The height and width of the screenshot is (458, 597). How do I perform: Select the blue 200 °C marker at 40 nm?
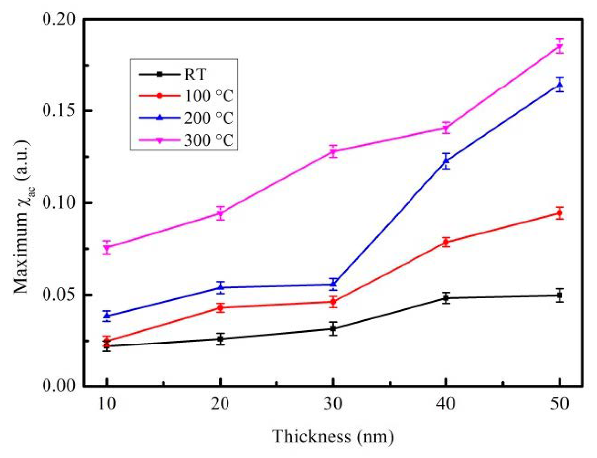[x=446, y=161]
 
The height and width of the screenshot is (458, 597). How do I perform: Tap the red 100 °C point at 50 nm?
[x=560, y=213]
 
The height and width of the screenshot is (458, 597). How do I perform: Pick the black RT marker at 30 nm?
[x=333, y=329]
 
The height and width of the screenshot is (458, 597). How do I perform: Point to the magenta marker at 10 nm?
[x=107, y=248]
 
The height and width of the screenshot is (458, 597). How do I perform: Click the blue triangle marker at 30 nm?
[x=333, y=284]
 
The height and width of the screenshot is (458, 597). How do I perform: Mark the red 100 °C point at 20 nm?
[x=220, y=307]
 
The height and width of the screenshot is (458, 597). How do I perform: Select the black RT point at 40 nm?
[x=446, y=298]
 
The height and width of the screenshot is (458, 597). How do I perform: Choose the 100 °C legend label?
[x=209, y=96]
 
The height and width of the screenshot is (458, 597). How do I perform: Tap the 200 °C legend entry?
[x=209, y=118]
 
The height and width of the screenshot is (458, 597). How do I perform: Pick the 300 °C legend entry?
[x=209, y=140]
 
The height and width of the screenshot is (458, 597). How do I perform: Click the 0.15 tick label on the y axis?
[x=58, y=111]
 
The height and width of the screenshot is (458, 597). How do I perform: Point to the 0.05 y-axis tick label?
[x=58, y=295]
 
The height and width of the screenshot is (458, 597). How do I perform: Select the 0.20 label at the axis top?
[x=58, y=19]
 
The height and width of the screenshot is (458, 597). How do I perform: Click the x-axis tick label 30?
[x=333, y=404]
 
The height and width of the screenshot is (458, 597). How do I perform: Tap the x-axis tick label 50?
[x=560, y=404]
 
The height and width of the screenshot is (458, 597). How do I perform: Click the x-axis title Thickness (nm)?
[x=333, y=437]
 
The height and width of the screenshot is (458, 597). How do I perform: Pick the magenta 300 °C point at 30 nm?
[x=333, y=151]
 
